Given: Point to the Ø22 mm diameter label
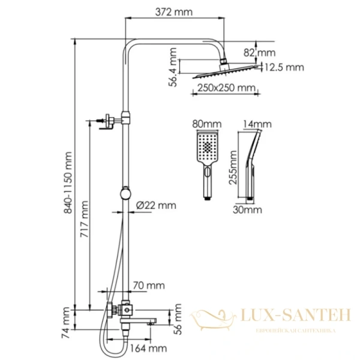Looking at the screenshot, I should tap(156, 205).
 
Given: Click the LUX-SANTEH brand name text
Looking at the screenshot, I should tap(291, 314).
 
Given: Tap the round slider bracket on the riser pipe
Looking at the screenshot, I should tap(125, 194).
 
